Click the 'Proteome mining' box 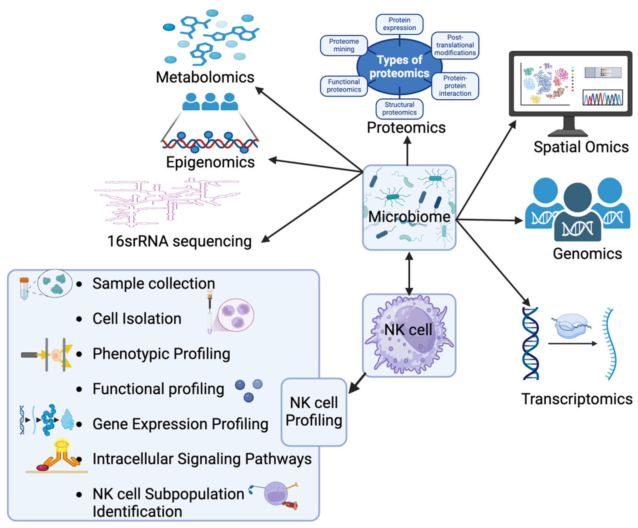[344, 45]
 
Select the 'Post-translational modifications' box [455, 45]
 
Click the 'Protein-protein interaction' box [455, 86]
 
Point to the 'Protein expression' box [399, 24]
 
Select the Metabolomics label [205, 77]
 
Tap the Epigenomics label [210, 162]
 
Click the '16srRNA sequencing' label [180, 241]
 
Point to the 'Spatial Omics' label [581, 147]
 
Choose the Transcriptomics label [577, 399]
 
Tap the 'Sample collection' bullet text [154, 284]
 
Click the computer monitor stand [568, 127]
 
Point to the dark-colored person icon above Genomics [577, 212]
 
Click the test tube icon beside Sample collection [24, 288]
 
